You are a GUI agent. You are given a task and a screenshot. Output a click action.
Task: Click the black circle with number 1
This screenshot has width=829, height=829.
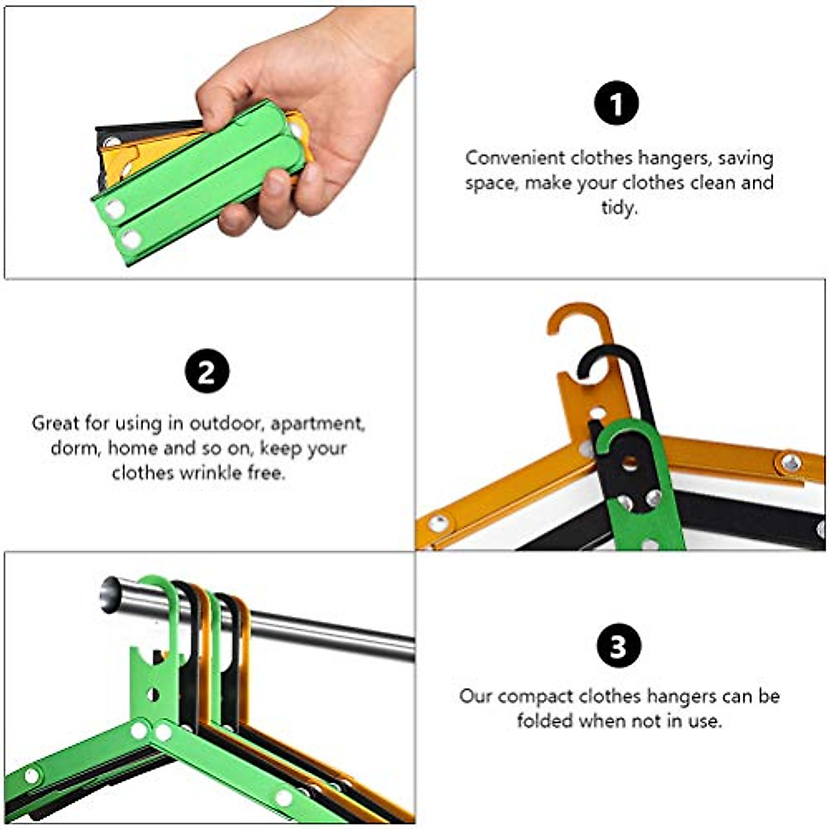(x=617, y=104)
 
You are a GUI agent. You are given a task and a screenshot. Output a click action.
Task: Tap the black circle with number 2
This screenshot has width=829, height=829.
(x=207, y=372)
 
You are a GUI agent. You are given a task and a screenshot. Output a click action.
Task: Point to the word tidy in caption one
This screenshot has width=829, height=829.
(x=618, y=207)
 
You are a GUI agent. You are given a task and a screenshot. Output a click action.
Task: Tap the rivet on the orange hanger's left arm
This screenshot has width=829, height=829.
(x=438, y=523)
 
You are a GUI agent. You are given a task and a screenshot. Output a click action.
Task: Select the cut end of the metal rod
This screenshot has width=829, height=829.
(x=111, y=595)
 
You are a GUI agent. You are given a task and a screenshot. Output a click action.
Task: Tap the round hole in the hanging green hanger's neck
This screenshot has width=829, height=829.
(x=153, y=694)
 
